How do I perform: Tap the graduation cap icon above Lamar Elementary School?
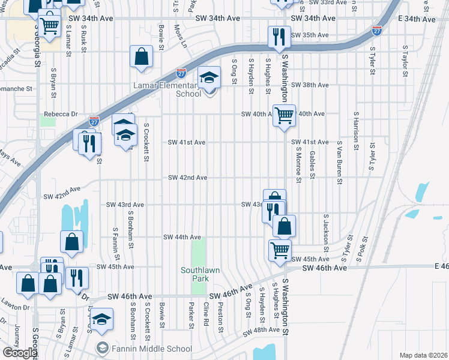coord(209,78)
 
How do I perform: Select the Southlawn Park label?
coord(200,274)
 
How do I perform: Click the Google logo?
coord(19,353)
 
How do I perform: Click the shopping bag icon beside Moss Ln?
coord(142,58)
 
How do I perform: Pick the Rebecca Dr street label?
coord(61,114)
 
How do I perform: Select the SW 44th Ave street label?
coord(182,238)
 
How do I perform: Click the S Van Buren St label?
coord(339,163)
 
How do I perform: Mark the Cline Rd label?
coord(206,314)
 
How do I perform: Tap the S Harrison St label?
coord(356,128)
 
